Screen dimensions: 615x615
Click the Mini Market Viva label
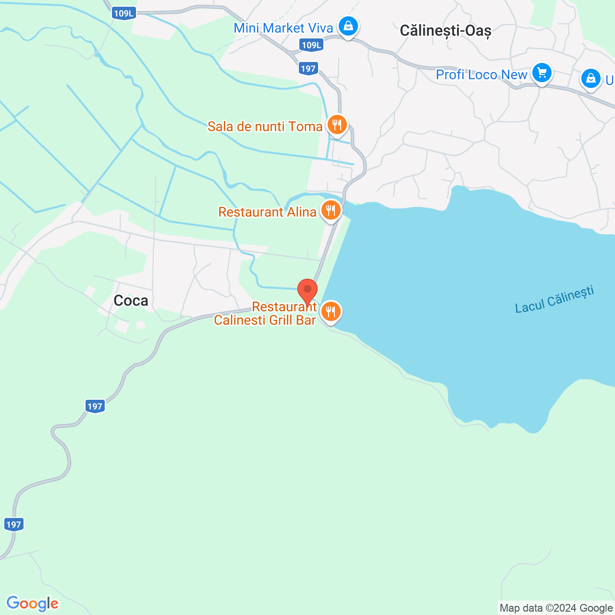[x=283, y=28]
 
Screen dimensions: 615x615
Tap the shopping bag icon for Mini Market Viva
[x=348, y=26]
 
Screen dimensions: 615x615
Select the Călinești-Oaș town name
[x=445, y=31]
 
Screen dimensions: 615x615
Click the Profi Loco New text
[x=481, y=74]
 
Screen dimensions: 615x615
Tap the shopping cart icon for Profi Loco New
[x=542, y=74]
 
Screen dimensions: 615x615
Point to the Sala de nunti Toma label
[x=265, y=126]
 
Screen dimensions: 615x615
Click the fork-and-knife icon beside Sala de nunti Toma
[x=337, y=125]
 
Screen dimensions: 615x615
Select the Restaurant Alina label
[x=267, y=212]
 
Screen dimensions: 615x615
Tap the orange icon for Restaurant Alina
[x=331, y=210]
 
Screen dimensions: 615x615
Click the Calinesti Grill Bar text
[x=265, y=320]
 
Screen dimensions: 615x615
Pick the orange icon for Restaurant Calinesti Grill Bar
[x=331, y=312]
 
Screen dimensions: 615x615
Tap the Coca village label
[x=131, y=301]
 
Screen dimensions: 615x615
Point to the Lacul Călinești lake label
[x=554, y=299]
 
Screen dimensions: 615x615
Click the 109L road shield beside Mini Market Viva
[x=311, y=45]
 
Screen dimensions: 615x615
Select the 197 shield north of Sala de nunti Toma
[x=308, y=68]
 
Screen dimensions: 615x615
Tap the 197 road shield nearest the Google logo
[x=13, y=524]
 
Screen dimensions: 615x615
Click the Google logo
[x=33, y=603]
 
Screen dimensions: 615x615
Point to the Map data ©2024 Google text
[x=556, y=608]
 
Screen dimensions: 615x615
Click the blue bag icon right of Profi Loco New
[x=590, y=78]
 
